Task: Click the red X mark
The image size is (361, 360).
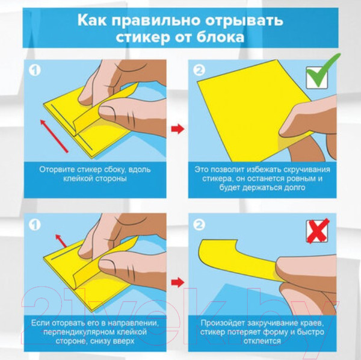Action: pyautogui.click(x=319, y=232)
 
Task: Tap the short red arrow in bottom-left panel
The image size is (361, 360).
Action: pyautogui.click(x=58, y=240)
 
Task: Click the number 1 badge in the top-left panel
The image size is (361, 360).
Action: pyautogui.click(x=35, y=70)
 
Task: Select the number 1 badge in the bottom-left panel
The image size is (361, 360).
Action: pyautogui.click(x=35, y=225)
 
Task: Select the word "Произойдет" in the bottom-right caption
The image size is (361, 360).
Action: pyautogui.click(x=227, y=323)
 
